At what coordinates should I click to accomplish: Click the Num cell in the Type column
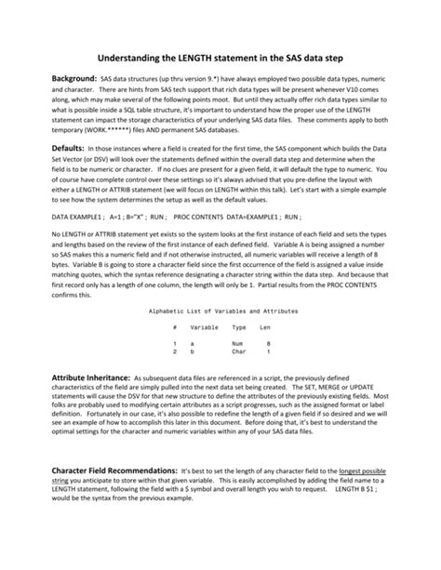click(x=237, y=344)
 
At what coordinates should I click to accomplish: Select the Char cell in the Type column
click(x=238, y=352)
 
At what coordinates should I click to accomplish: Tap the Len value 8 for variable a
click(x=268, y=344)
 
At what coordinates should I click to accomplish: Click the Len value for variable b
click(x=268, y=352)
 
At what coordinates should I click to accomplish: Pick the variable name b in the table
click(x=192, y=352)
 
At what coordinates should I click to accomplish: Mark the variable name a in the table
click(x=192, y=344)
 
